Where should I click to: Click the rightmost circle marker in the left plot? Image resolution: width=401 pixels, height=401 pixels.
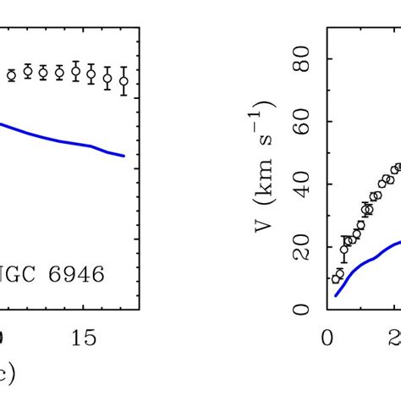pyautogui.click(x=124, y=81)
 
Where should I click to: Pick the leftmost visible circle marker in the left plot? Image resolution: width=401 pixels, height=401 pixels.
pyautogui.click(x=11, y=75)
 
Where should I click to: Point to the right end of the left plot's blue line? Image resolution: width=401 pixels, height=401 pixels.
pyautogui.click(x=124, y=156)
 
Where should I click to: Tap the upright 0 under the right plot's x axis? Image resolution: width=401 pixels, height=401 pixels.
pyautogui.click(x=327, y=338)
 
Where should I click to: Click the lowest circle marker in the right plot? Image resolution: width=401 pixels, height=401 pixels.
pyautogui.click(x=335, y=277)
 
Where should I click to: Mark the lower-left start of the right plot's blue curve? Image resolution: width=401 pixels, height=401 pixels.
pyautogui.click(x=336, y=295)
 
